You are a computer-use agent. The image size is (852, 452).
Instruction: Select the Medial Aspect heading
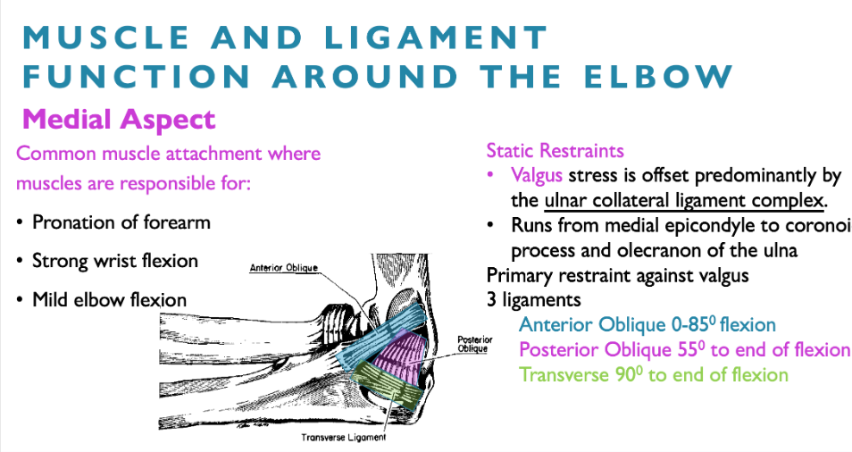click(x=119, y=119)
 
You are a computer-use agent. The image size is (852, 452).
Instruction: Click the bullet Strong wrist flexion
click(x=115, y=261)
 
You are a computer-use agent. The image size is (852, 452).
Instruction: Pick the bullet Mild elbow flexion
click(x=109, y=299)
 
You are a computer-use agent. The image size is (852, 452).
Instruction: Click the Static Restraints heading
click(x=555, y=151)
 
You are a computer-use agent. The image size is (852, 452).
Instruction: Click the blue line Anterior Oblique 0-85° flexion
click(x=647, y=324)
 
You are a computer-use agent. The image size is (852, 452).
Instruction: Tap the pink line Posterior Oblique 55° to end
click(x=684, y=349)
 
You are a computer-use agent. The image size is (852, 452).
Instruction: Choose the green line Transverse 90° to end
click(x=654, y=374)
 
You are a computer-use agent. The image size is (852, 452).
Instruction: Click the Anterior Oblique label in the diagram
click(x=284, y=267)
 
